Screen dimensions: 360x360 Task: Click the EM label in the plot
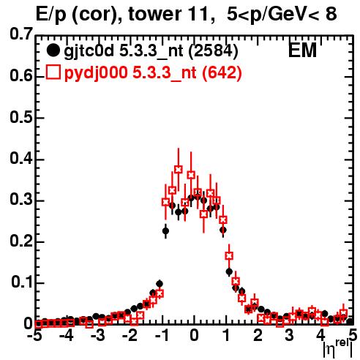click(x=302, y=50)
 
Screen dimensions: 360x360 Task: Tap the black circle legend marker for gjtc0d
click(x=53, y=50)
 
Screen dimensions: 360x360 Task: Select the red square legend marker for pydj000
click(x=53, y=72)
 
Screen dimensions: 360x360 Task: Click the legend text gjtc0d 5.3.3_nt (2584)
click(x=151, y=51)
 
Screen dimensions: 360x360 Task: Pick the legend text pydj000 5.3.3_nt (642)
click(x=153, y=72)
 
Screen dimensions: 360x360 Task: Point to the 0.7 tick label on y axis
click(x=21, y=34)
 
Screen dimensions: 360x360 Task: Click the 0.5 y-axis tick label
click(x=21, y=118)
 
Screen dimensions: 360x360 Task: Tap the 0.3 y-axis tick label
click(x=21, y=200)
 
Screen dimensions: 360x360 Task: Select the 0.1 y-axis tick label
click(x=22, y=282)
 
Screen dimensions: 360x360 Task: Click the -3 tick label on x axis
click(x=98, y=336)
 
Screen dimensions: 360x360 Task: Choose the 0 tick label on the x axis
click(x=194, y=336)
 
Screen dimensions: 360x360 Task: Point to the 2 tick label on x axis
click(x=258, y=336)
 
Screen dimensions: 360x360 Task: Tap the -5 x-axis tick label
click(x=34, y=336)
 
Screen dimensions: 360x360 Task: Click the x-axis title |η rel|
click(x=338, y=350)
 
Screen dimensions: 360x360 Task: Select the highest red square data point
click(x=179, y=169)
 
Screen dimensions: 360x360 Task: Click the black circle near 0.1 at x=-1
click(x=160, y=284)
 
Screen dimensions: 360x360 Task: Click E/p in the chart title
click(x=50, y=15)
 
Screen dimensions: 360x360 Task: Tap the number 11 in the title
click(x=195, y=14)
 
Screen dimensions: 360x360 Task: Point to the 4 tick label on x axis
click(x=321, y=336)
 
